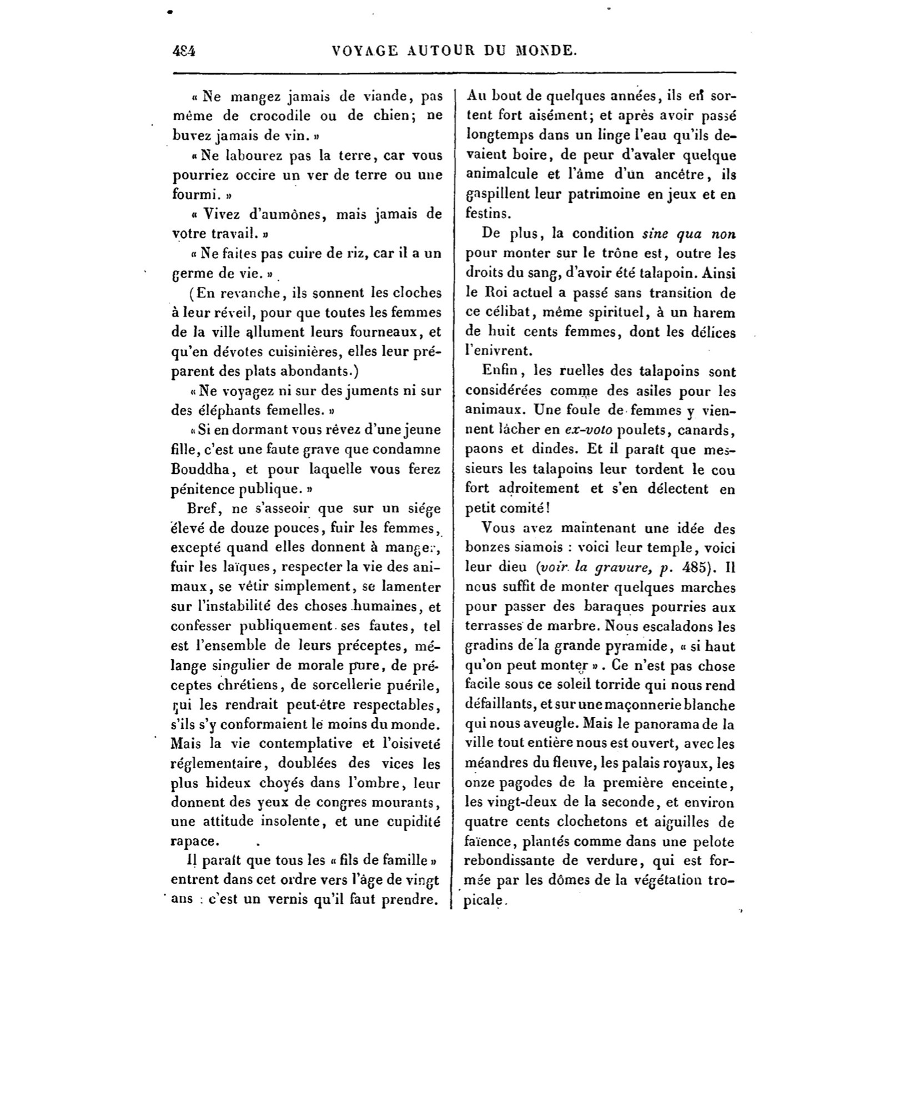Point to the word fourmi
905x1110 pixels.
click(192, 195)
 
